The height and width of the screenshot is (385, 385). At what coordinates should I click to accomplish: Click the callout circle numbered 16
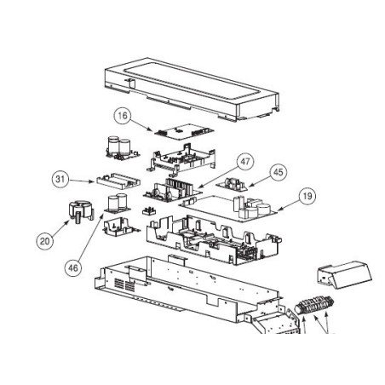coord(123,116)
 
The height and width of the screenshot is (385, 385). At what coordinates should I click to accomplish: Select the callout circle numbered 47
coord(245,162)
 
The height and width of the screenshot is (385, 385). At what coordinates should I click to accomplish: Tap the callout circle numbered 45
coord(278,172)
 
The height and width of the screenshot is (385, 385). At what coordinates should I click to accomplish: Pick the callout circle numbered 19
coord(307,196)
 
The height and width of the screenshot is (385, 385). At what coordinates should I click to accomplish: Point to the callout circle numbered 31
coord(60,179)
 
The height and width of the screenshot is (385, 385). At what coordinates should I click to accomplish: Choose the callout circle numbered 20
coord(45,241)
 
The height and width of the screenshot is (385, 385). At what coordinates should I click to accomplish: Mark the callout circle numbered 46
coord(73,267)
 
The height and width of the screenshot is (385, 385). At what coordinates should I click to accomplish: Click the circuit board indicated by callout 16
coord(184,132)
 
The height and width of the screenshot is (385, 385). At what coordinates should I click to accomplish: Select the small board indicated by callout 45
coord(232,184)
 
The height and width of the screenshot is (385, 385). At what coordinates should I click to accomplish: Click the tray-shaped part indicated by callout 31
coord(118,181)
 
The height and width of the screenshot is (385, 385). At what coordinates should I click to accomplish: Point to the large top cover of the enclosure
coord(192,89)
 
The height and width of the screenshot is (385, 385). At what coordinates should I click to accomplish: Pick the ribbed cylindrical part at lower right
coord(314,305)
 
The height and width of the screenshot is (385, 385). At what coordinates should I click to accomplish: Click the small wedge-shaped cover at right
coord(344,275)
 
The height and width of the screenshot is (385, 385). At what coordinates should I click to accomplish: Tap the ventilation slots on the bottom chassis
coord(124,284)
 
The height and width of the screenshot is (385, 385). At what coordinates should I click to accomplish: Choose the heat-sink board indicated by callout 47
coord(173,190)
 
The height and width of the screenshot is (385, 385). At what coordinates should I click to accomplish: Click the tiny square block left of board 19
coord(148,211)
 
